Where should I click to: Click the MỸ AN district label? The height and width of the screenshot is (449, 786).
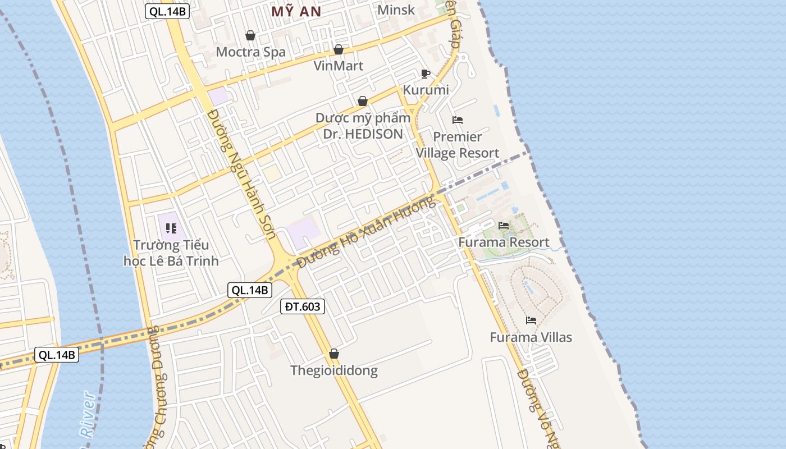click(296, 11)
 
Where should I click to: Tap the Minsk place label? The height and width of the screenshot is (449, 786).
click(396, 10)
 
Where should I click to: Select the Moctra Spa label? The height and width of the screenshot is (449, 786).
click(250, 52)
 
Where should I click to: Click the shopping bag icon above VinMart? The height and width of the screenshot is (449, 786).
click(339, 49)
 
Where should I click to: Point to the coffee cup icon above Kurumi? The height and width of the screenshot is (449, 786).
click(425, 74)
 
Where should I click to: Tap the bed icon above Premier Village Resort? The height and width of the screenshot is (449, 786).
click(458, 120)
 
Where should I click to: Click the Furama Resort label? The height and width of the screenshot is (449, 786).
click(504, 242)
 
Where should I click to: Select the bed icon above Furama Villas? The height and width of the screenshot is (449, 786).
click(531, 320)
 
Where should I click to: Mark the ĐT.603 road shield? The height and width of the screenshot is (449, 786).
click(303, 306)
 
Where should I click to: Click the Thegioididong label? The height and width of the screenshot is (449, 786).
click(333, 370)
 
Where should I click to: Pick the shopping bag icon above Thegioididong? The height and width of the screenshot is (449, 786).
click(334, 354)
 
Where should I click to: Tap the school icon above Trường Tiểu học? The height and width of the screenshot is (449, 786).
click(171, 228)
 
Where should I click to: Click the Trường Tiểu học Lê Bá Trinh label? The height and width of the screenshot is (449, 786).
click(171, 253)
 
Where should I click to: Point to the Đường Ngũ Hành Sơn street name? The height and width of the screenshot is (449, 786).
click(241, 173)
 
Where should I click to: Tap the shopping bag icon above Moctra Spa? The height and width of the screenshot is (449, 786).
click(250, 35)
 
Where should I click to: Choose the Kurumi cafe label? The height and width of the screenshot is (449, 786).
click(426, 90)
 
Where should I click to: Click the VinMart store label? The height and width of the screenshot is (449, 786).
click(338, 66)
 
